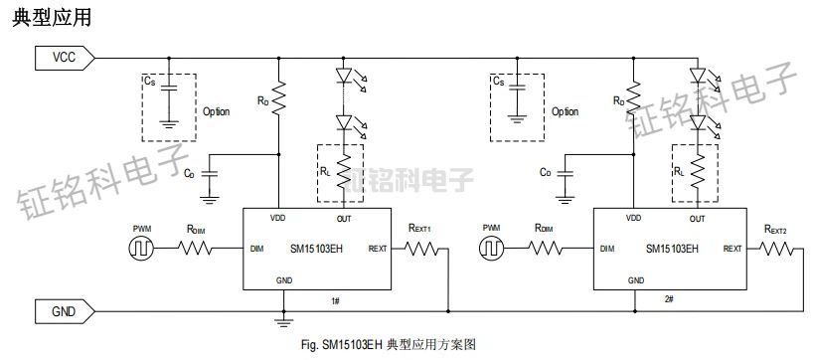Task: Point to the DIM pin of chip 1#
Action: [256, 248]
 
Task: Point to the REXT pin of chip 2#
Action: [732, 248]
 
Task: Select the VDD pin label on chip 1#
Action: [279, 218]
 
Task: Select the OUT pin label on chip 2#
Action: [697, 218]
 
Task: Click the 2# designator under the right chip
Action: [668, 299]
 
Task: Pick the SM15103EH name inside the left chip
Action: [317, 248]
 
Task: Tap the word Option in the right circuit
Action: [565, 112]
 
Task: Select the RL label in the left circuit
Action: [327, 170]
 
